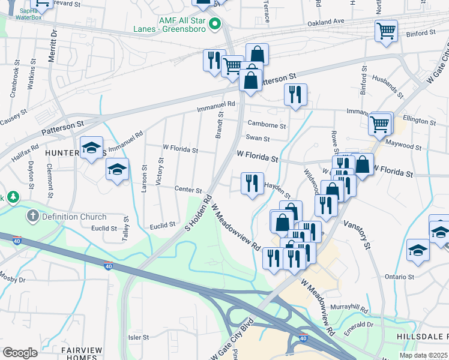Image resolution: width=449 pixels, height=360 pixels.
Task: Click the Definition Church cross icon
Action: point(32,216)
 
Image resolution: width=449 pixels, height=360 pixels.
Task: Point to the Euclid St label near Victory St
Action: point(163,224)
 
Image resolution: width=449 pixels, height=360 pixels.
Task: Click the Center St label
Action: point(188,190)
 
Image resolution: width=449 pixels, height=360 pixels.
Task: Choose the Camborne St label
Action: point(267,125)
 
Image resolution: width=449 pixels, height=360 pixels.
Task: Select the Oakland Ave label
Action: point(326,21)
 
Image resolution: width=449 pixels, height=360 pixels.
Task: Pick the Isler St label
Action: point(138,338)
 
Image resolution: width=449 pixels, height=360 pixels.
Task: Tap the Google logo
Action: point(20,353)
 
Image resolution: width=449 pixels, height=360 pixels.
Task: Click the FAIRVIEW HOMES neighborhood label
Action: point(78,353)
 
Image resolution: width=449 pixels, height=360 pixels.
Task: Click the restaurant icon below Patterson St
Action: point(295,94)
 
